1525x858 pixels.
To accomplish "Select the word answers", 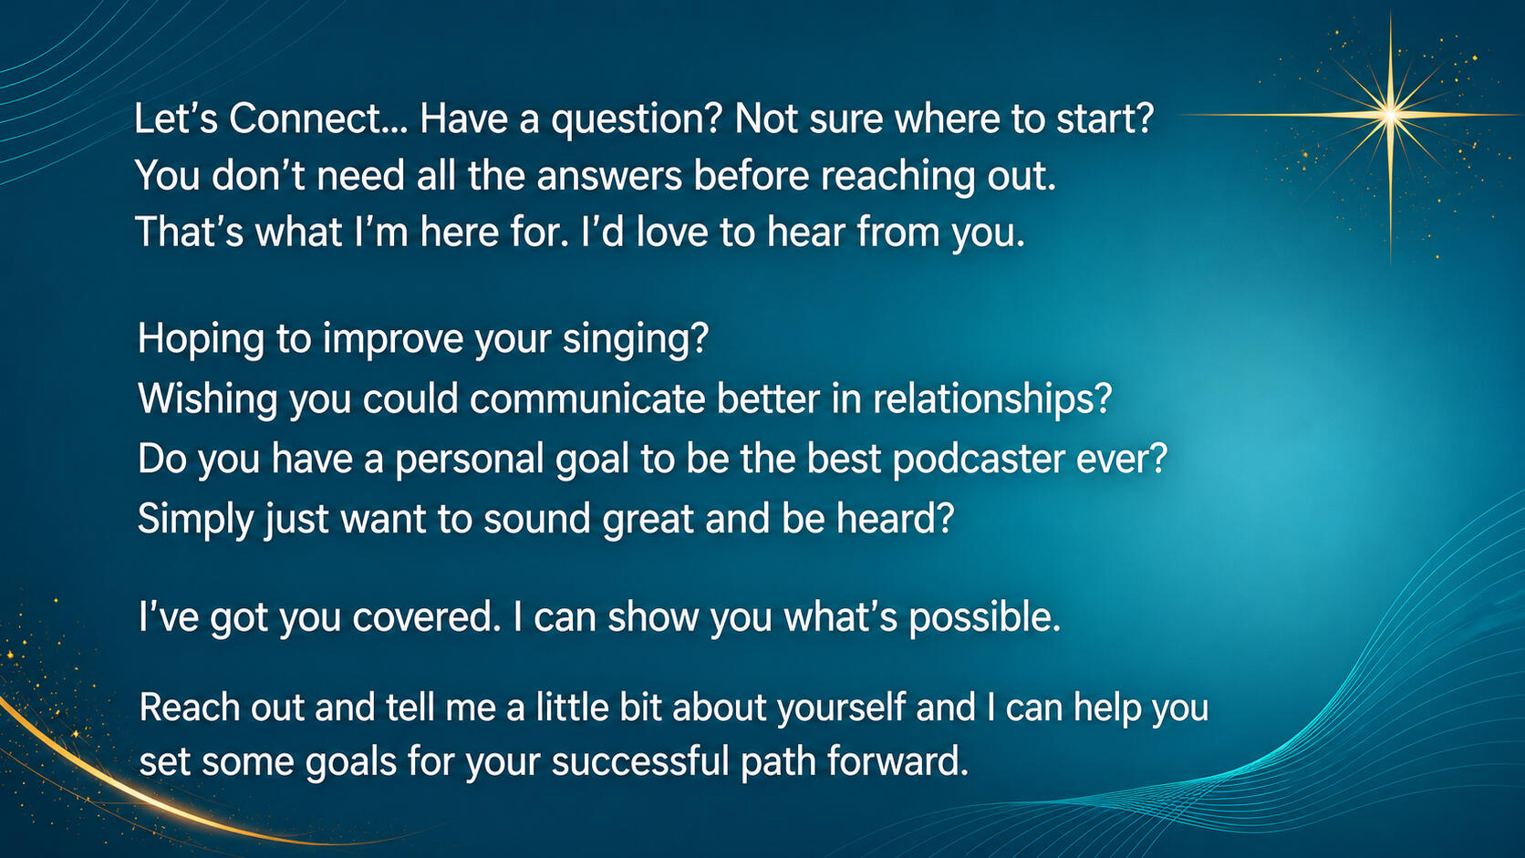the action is (x=609, y=176).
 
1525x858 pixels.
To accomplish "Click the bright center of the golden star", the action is (x=1390, y=115).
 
